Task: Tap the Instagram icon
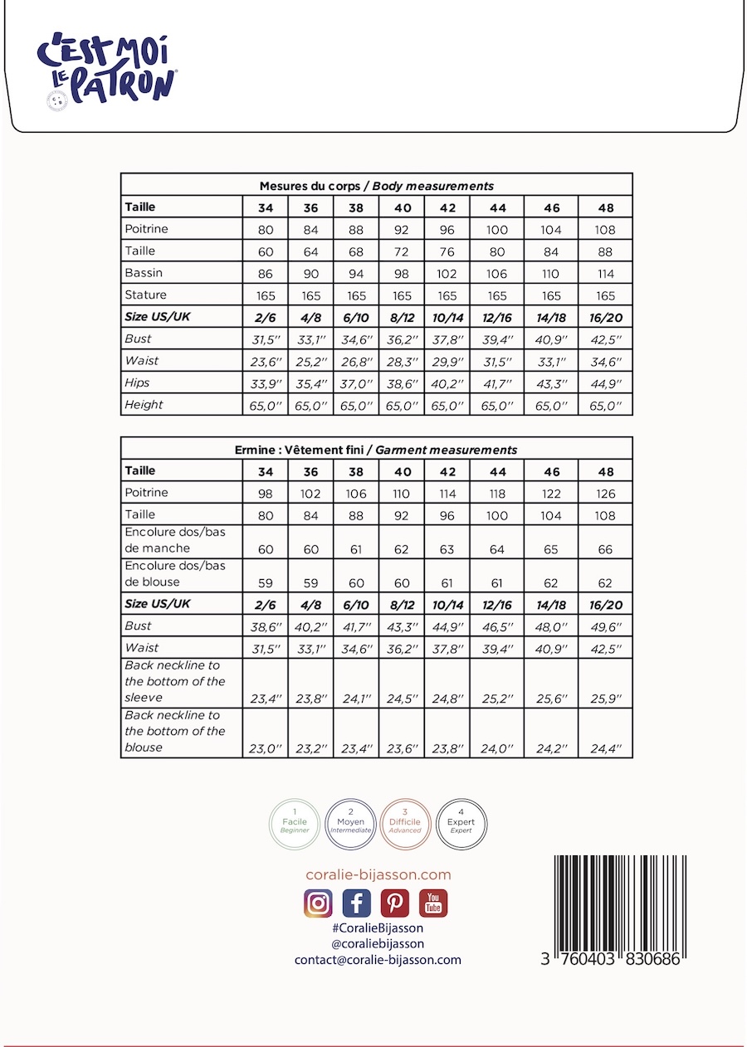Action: point(318,903)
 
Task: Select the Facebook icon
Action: point(356,903)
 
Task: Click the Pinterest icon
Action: point(395,903)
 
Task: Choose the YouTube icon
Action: point(433,903)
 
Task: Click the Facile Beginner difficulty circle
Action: point(295,823)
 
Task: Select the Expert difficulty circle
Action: point(461,823)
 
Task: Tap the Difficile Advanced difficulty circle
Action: point(405,823)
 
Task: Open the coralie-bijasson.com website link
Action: point(378,874)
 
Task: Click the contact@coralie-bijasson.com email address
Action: point(378,959)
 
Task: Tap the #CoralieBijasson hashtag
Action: point(378,928)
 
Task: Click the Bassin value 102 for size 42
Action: point(447,274)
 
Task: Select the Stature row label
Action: point(145,295)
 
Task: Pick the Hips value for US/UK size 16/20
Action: point(606,383)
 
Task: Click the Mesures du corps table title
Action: point(376,186)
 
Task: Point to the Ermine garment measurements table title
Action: point(376,450)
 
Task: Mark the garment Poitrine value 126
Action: point(606,494)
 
